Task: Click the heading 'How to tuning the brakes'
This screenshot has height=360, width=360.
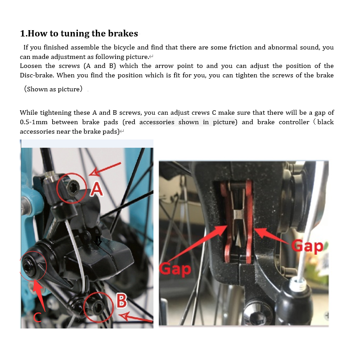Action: tap(79, 33)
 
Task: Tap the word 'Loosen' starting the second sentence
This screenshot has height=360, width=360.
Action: tap(31, 66)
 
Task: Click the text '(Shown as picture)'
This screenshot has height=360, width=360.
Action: tap(53, 89)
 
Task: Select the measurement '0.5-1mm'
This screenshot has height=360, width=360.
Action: tap(33, 122)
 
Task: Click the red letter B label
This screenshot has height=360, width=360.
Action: tap(121, 301)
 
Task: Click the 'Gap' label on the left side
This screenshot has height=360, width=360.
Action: tap(175, 269)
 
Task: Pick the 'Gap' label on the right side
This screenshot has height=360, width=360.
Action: tap(307, 246)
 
